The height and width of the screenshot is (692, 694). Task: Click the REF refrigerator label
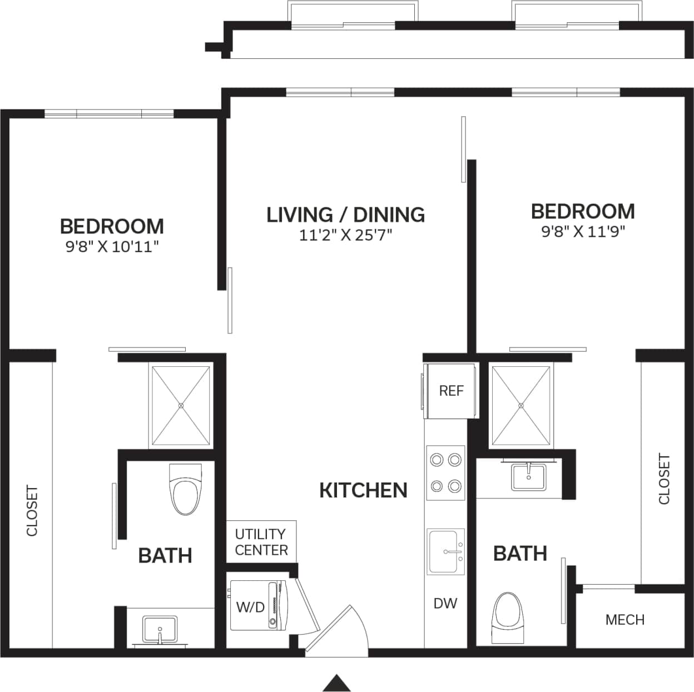(x=450, y=391)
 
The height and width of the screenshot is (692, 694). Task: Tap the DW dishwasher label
(x=445, y=603)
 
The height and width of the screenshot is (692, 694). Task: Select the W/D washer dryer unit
(x=258, y=605)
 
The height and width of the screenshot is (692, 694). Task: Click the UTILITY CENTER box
(x=261, y=542)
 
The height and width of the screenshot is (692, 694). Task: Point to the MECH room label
(x=624, y=620)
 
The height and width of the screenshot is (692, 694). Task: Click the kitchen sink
(x=445, y=551)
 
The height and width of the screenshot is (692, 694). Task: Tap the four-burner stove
(x=445, y=473)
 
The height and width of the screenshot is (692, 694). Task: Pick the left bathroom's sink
(x=160, y=630)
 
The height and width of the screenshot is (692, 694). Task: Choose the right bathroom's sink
(x=529, y=477)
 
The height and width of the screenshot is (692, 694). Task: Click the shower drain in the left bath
(x=181, y=406)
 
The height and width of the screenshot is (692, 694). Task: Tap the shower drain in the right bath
(x=521, y=406)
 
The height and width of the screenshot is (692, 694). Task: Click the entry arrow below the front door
(x=336, y=683)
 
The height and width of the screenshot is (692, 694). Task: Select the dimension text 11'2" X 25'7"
(x=345, y=235)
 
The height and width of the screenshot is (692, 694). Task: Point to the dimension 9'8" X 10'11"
(x=112, y=247)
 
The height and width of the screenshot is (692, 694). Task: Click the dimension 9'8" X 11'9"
(x=583, y=232)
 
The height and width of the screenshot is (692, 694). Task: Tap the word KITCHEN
(x=363, y=490)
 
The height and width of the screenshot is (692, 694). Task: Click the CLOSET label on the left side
(x=32, y=511)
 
